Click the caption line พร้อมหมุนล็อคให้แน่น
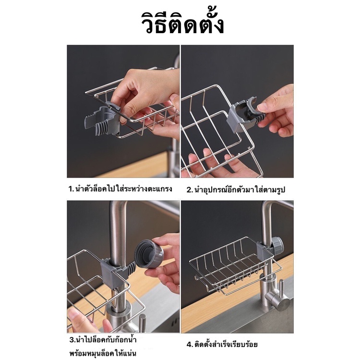[103, 352]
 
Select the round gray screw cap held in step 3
[149, 254]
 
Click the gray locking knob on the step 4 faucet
[278, 245]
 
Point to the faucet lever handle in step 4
[281, 295]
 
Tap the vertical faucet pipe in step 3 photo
[118, 243]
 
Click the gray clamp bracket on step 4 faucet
[264, 250]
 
